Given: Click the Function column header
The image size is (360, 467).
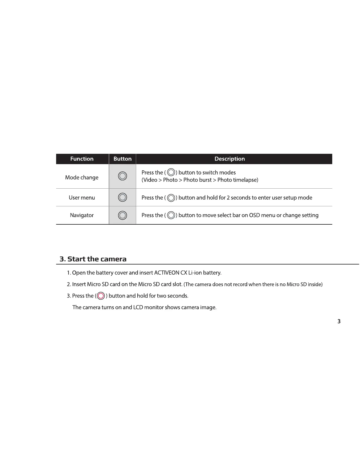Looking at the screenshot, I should coord(82,159).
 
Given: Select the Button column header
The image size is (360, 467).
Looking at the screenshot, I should coord(122,159).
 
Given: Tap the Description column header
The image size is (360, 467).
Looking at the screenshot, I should coord(229,159).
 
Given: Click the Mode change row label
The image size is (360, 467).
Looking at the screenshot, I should coord(82,177).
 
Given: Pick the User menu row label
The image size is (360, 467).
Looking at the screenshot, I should coord(82,197).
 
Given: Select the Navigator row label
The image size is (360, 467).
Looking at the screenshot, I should coord(82,215).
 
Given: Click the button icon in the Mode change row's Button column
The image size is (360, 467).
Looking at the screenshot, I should coord(123,176).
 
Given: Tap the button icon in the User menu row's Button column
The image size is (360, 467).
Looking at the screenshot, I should coord(123,197).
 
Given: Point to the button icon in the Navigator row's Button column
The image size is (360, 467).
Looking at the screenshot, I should coord(123,215).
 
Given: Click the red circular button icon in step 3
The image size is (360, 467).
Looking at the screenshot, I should coord(101,296).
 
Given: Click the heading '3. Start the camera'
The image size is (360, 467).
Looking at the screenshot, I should coord(93,259).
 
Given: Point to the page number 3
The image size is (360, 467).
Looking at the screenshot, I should coord(339,321).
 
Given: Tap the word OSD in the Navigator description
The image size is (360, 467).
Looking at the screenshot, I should coord(254,215).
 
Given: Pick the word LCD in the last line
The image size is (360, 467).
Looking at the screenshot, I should coord(138,307).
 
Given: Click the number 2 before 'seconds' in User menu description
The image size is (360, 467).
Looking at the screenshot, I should coord(228,197).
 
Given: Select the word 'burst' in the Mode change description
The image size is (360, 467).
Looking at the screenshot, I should coord(205,180).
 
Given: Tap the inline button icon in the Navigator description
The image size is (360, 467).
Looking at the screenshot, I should coord(171,215).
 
